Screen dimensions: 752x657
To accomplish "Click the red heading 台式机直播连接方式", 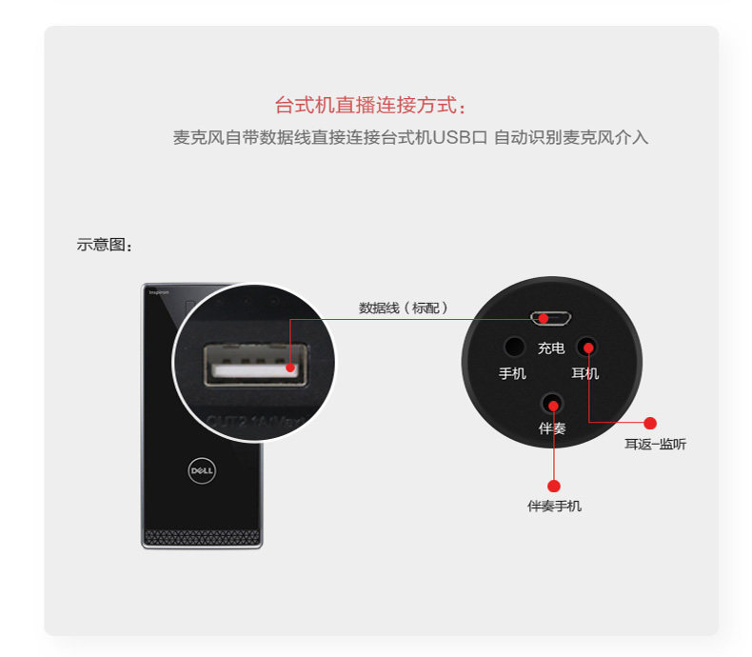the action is tap(371, 105).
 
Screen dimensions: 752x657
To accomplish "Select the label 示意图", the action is tap(105, 245).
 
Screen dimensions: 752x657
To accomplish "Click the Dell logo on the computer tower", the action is tap(202, 470).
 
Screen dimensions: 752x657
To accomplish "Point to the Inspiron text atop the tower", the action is tap(159, 292).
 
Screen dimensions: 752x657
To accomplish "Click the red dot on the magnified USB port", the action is tap(288, 364).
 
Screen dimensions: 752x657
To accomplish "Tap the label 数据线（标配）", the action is tap(404, 308).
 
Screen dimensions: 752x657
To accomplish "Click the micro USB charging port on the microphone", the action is tap(551, 318).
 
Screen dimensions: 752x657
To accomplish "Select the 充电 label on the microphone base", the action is tap(551, 348).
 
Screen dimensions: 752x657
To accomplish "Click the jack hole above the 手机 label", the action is tap(514, 347).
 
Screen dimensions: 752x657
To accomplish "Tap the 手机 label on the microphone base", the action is tap(512, 373).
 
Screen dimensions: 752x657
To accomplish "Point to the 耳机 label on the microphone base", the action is tap(585, 373).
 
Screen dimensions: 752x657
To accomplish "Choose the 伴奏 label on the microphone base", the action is tap(552, 428).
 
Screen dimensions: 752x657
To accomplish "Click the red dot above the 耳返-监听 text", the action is tap(651, 423).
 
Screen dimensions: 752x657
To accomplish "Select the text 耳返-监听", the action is tap(655, 444).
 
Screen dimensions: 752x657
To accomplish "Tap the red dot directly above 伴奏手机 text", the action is tap(554, 486).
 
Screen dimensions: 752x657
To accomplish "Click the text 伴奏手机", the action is tap(554, 507).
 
